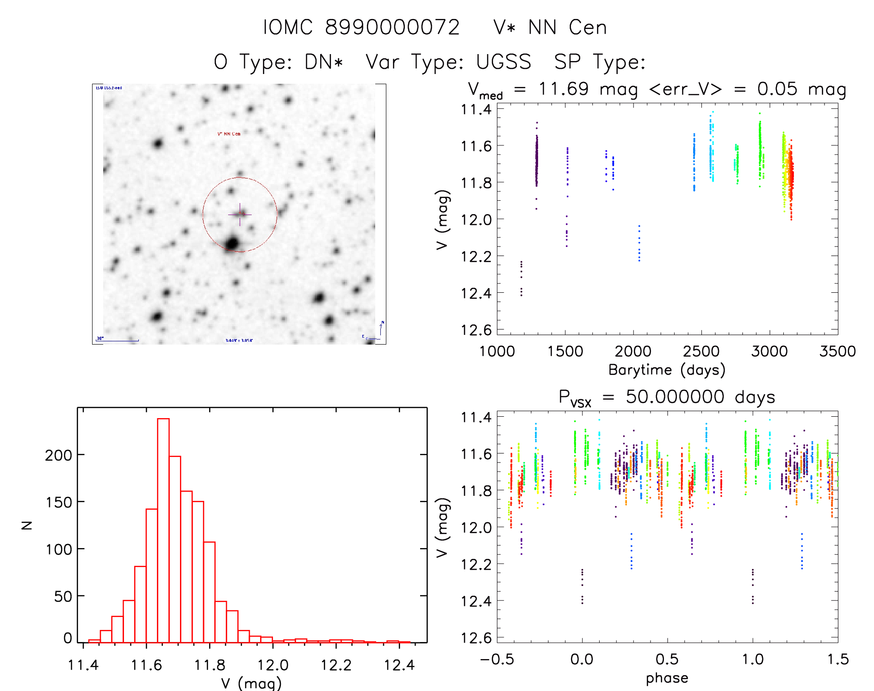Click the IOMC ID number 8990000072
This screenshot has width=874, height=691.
[x=392, y=28]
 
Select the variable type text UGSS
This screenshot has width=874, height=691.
[x=503, y=62]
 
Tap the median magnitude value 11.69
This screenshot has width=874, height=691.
[x=564, y=89]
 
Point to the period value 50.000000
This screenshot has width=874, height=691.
[x=675, y=397]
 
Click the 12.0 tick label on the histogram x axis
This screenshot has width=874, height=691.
[x=273, y=666]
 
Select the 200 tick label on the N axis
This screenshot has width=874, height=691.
[x=58, y=456]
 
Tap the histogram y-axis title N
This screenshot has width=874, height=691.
[x=27, y=525]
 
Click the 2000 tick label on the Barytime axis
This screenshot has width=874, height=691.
[x=633, y=352]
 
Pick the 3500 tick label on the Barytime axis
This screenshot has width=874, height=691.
[x=837, y=352]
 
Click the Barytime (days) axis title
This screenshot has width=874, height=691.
[x=667, y=370]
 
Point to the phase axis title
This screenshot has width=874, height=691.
[x=667, y=678]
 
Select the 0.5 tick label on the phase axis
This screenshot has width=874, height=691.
[x=667, y=660]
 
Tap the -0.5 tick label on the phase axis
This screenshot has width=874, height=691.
[x=496, y=660]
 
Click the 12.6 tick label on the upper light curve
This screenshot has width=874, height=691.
[x=476, y=330]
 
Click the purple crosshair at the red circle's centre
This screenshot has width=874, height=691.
[x=240, y=214]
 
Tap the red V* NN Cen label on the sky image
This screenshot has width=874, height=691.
[x=229, y=134]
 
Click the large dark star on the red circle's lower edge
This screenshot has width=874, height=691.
[x=232, y=243]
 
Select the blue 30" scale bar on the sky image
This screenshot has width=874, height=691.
[x=118, y=340]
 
